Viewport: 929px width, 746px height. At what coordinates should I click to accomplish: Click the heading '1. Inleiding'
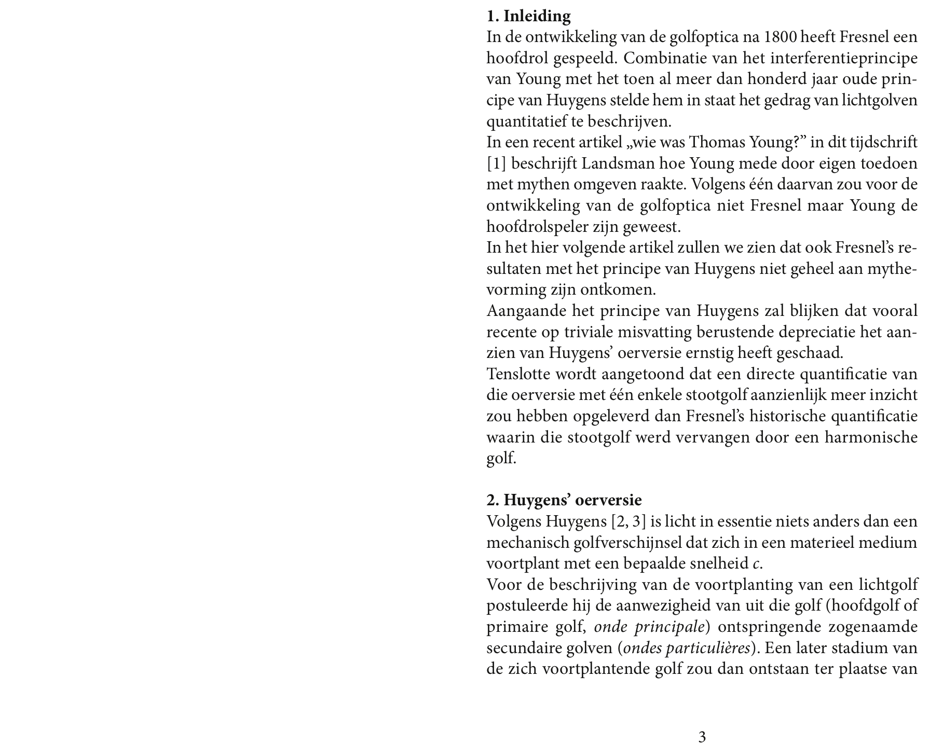click(528, 16)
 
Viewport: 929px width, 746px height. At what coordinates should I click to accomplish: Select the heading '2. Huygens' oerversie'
click(564, 500)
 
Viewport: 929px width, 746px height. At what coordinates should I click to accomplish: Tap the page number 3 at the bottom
click(702, 737)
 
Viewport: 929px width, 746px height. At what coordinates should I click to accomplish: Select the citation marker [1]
click(496, 164)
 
